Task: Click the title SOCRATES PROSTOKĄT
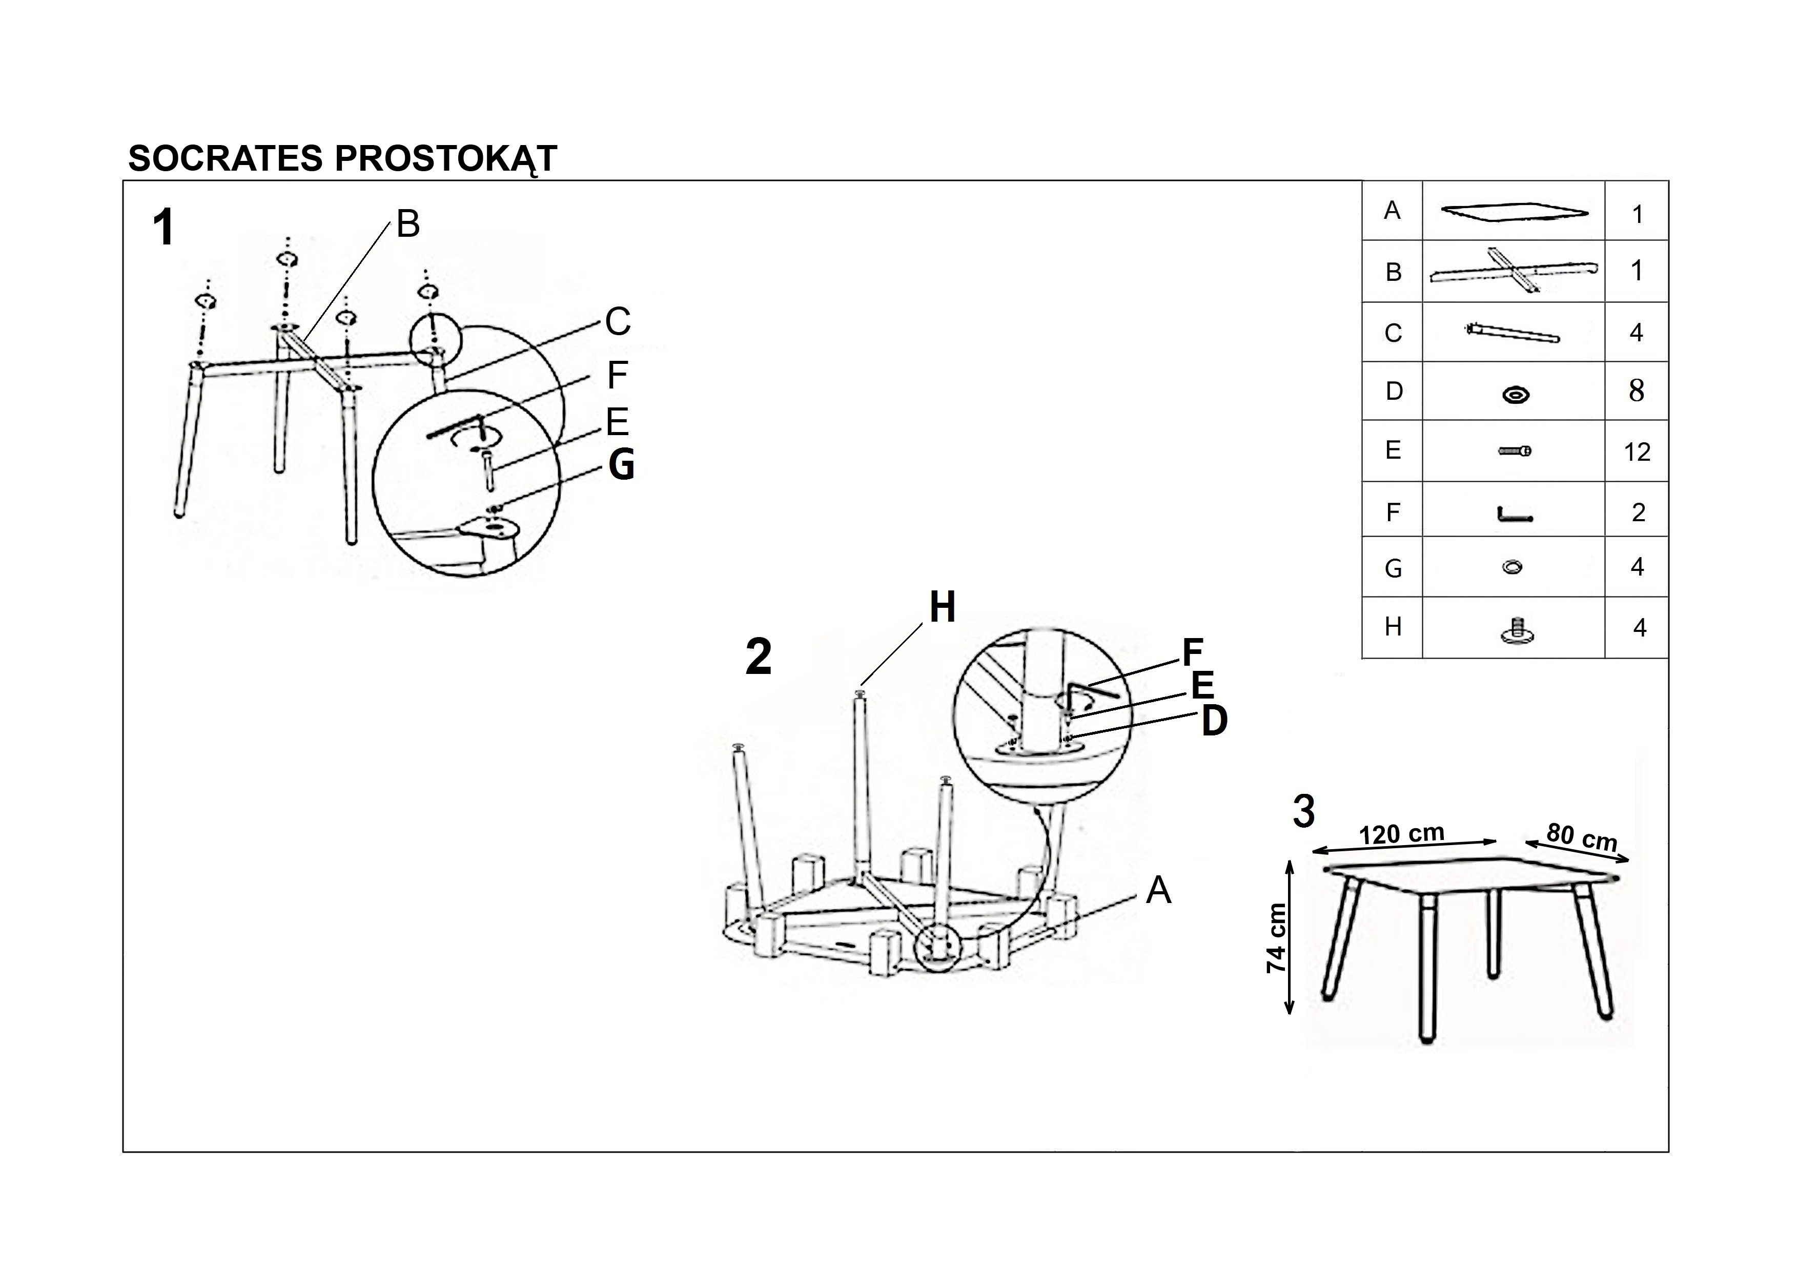tap(342, 159)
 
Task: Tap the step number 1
tap(163, 228)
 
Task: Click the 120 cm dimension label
tap(1402, 834)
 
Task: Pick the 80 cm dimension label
tap(1582, 836)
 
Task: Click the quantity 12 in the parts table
tap(1637, 452)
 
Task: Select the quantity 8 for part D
tap(1637, 391)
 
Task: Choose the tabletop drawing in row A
tap(1515, 212)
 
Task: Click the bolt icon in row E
tap(1515, 451)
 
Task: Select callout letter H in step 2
tap(942, 608)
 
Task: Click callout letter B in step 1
tap(408, 224)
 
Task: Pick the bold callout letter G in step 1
tap(622, 465)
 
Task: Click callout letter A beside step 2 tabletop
tap(1158, 890)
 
